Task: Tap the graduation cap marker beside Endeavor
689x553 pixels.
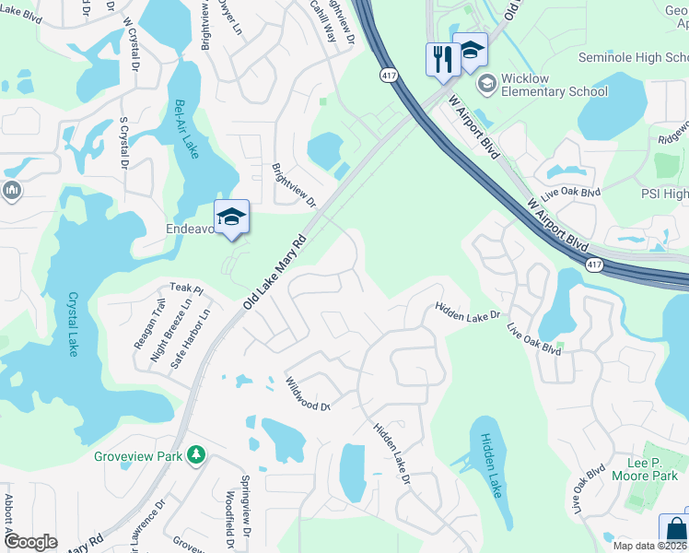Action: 230,217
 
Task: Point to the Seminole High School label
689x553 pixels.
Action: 633,57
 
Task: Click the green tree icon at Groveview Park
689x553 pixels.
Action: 194,455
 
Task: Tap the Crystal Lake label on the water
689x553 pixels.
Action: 72,324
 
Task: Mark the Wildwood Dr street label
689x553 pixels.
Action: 307,394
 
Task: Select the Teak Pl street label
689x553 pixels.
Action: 185,288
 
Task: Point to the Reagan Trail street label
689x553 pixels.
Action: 147,323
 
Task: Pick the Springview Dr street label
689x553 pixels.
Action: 245,506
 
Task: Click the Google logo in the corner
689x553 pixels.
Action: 30,542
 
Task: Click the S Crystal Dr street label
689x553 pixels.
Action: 122,142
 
